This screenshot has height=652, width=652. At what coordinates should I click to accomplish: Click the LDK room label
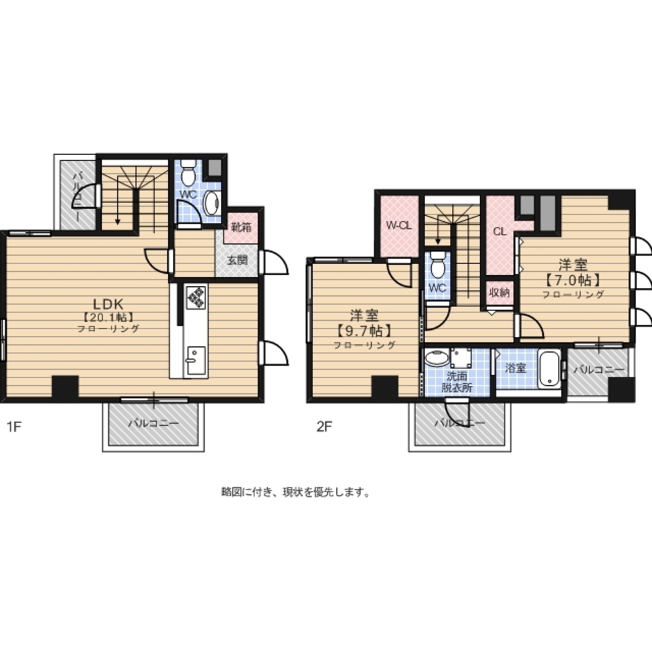coord(108,304)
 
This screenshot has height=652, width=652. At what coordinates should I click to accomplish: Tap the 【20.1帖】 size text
coord(108,318)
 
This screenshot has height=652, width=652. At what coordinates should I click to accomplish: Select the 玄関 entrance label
coord(237,260)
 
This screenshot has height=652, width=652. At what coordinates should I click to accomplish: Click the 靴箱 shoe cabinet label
coord(242,228)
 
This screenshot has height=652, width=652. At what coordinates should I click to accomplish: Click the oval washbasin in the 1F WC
coord(212,203)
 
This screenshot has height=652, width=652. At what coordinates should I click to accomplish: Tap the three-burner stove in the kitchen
coord(196,297)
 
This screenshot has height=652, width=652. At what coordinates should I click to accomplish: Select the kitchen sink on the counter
coord(195,360)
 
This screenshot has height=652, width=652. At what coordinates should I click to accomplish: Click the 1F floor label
coord(14,426)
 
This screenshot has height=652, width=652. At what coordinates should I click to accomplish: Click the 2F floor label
coord(324,426)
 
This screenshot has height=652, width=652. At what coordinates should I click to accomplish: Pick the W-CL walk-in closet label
coord(399,226)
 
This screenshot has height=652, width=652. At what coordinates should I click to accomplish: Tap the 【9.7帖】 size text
coord(364,331)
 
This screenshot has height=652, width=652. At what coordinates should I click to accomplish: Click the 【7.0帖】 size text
coord(573,280)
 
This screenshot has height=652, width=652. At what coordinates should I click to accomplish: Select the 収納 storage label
coord(499,292)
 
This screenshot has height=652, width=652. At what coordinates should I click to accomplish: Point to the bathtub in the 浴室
coord(549,369)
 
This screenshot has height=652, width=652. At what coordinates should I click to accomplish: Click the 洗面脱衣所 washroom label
coord(456,381)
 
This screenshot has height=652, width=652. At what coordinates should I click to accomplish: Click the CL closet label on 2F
coord(499,231)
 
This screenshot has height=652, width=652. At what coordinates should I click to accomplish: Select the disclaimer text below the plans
coord(295,492)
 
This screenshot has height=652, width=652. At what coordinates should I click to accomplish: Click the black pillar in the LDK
coord(65,386)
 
